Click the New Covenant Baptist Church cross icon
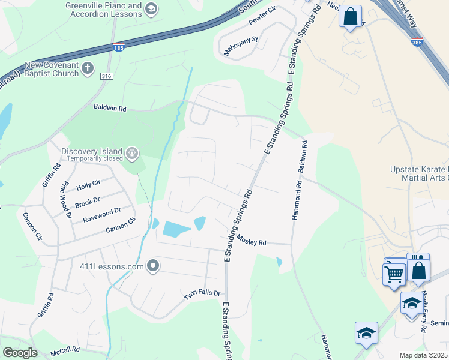pyautogui.click(x=88, y=68)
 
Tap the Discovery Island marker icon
pyautogui.click(x=133, y=154)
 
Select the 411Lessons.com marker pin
pyautogui.click(x=153, y=265)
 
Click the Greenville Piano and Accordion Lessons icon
pyautogui.click(x=151, y=8)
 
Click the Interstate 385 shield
pyautogui.click(x=417, y=42)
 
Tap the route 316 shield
pyautogui.click(x=107, y=76)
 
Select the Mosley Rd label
pyautogui.click(x=251, y=241)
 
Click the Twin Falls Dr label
pyautogui.click(x=202, y=294)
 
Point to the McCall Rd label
pyautogui.click(x=65, y=352)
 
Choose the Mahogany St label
pyautogui.click(x=241, y=47)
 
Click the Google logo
pyautogui.click(x=20, y=353)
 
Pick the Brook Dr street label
pyautogui.click(x=88, y=201)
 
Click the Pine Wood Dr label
pyautogui.click(x=65, y=200)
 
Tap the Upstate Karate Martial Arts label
pyautogui.click(x=419, y=174)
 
